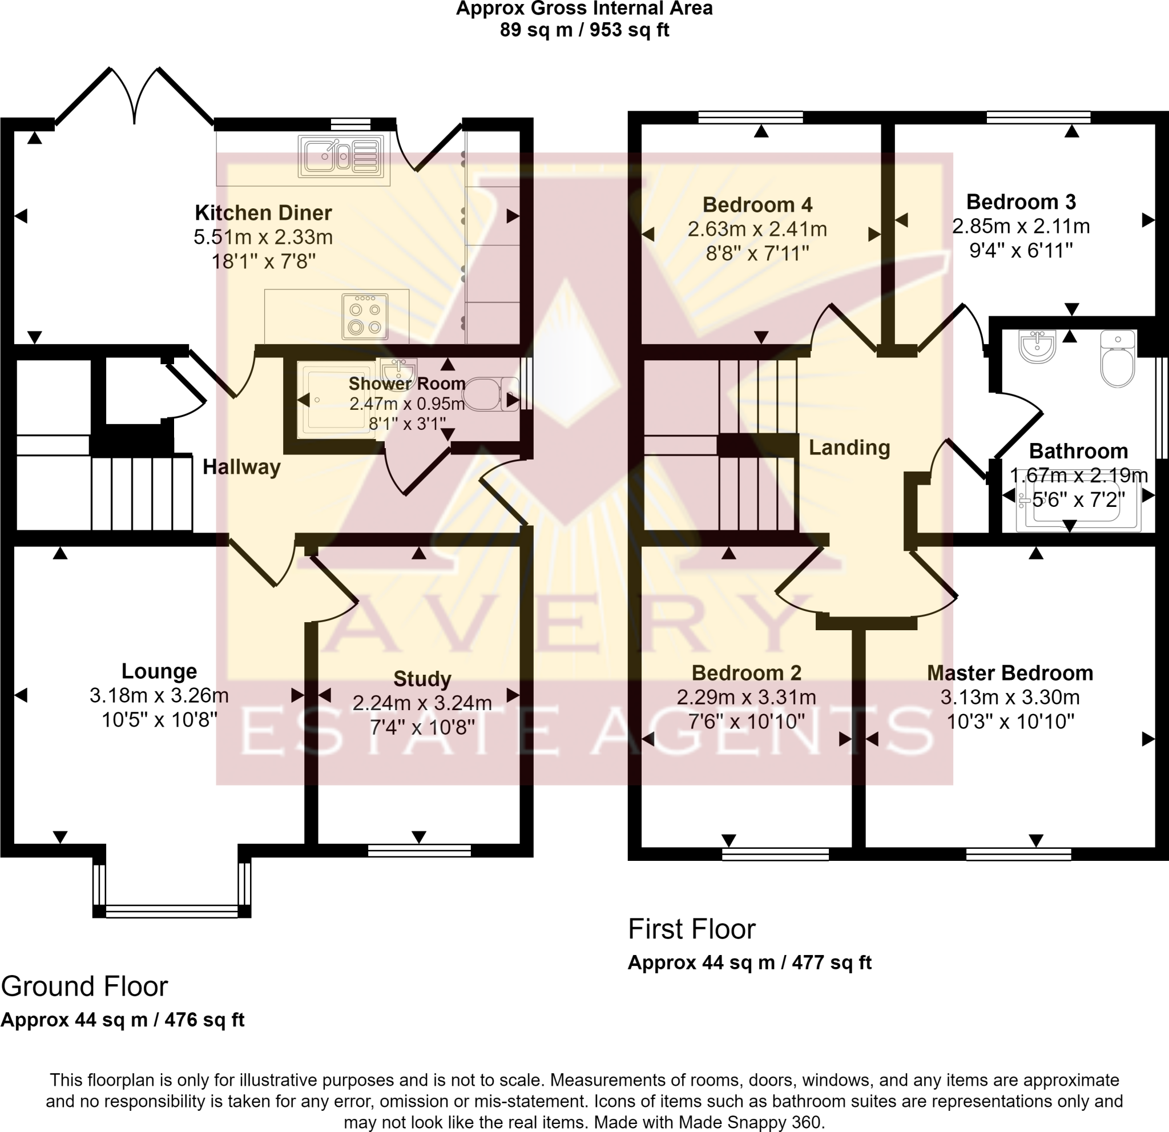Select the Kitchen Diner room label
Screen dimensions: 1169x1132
pyautogui.click(x=263, y=213)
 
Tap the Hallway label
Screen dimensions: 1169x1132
pyautogui.click(x=241, y=467)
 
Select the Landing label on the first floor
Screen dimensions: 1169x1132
pyautogui.click(x=849, y=448)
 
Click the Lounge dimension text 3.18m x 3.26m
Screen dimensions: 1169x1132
pyautogui.click(x=159, y=695)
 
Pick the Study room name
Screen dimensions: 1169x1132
pyautogui.click(x=422, y=679)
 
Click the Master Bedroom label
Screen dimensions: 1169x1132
pyautogui.click(x=1010, y=673)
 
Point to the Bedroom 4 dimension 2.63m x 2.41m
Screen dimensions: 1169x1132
pyautogui.click(x=757, y=229)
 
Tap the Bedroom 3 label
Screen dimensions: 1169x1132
pyautogui.click(x=1021, y=202)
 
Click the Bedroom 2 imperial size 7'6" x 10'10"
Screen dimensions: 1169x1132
pyautogui.click(x=747, y=722)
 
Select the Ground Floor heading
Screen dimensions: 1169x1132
pyautogui.click(x=84, y=986)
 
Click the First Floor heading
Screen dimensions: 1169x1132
pyautogui.click(x=692, y=929)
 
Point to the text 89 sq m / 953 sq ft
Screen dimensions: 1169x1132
pyautogui.click(x=584, y=29)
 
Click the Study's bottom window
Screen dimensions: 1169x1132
pyautogui.click(x=420, y=851)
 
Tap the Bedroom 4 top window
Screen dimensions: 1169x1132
pyautogui.click(x=751, y=118)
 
